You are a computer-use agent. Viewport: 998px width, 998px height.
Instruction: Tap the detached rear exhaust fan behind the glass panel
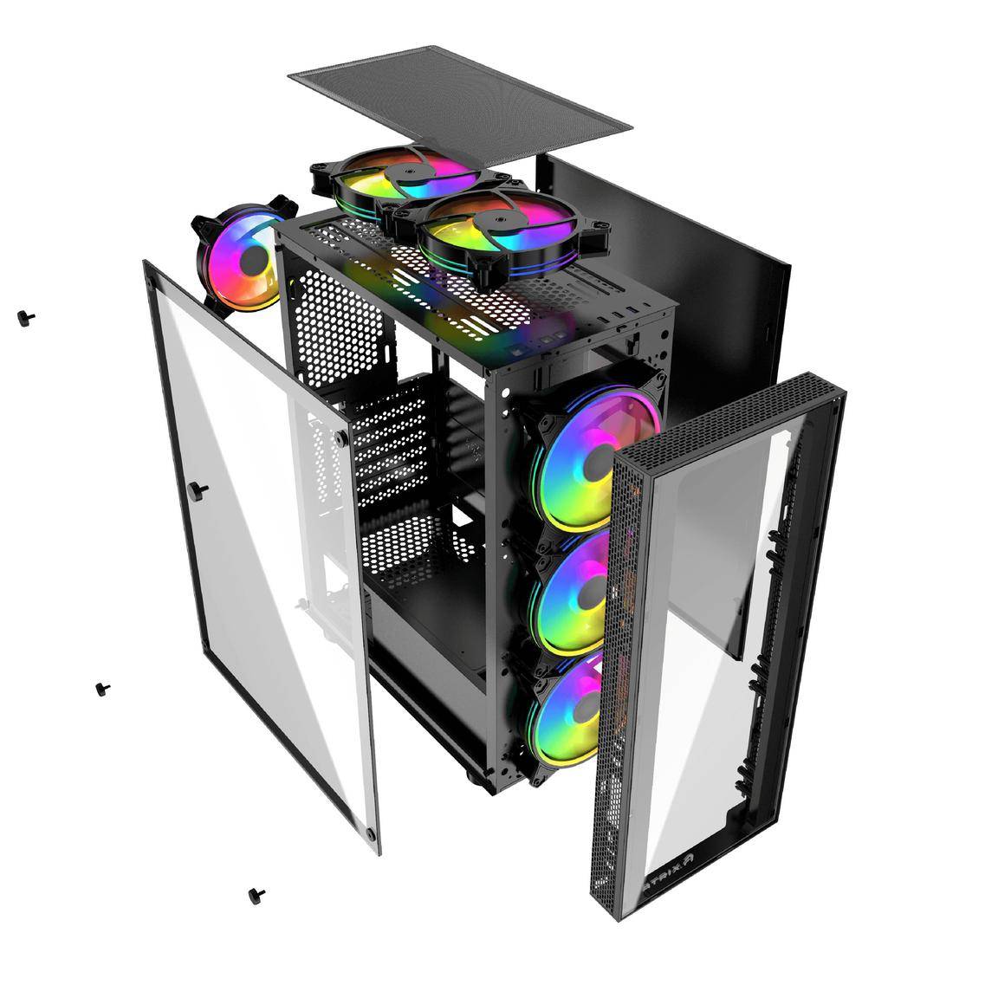pyautogui.click(x=239, y=260)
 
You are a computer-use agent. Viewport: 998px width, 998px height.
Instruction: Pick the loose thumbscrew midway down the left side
pyautogui.click(x=103, y=689)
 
